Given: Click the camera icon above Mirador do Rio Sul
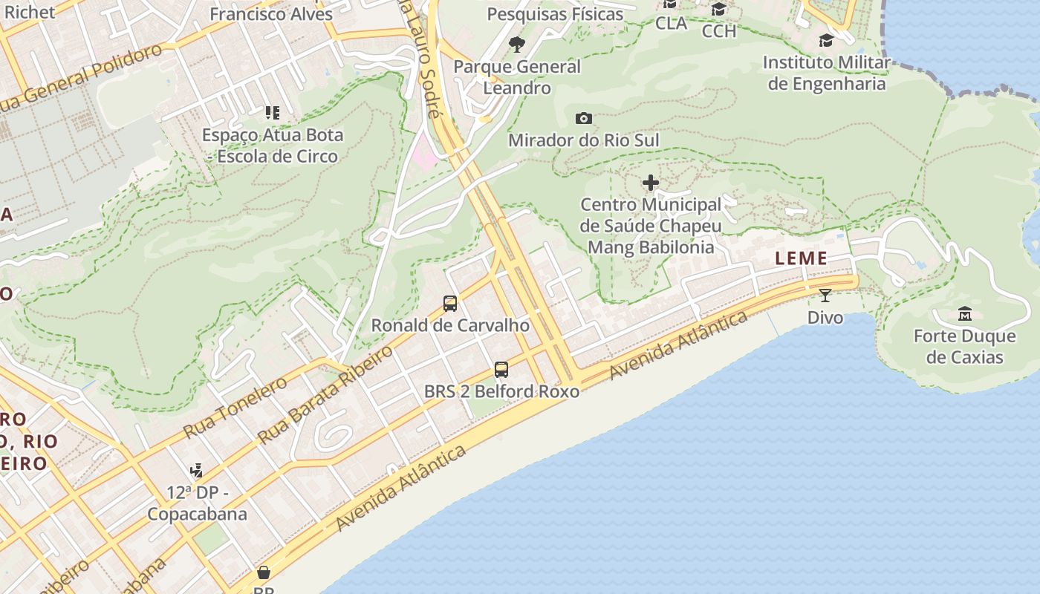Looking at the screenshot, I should tap(584, 119).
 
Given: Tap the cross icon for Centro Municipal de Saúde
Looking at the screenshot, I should tap(651, 183).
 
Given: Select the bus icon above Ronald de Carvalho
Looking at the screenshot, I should tap(450, 303).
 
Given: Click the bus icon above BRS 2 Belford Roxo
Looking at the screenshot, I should tap(501, 369).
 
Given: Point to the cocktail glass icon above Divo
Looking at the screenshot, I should tap(825, 296).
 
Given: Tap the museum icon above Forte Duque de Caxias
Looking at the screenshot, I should tap(965, 313).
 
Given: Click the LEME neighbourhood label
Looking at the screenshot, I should tap(801, 258).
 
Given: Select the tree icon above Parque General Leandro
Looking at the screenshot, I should tap(517, 45).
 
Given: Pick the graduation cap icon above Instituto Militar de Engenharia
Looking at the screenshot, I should tap(826, 40).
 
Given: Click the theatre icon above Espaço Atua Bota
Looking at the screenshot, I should tap(273, 113).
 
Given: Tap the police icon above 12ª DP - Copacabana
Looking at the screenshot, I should tap(197, 470).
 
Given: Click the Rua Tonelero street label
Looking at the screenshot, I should tap(235, 408).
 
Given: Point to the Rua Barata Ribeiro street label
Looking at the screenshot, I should tap(325, 395).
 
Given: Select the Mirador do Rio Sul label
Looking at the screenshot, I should tap(583, 140).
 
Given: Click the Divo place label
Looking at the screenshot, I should tap(825, 318).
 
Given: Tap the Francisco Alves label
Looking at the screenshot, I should tap(271, 14).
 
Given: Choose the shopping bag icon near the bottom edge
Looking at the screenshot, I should tap(264, 572).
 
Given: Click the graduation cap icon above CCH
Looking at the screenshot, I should tap(718, 10).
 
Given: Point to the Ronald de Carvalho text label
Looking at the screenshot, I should tap(450, 325).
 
